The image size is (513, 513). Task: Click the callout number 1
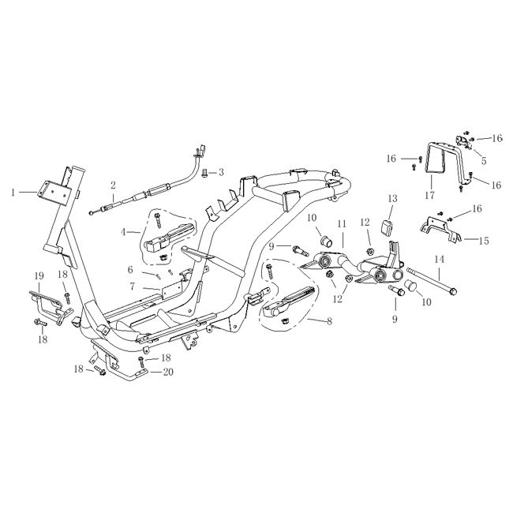pyautogui.click(x=13, y=191)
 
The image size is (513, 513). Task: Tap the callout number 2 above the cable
pyautogui.click(x=114, y=185)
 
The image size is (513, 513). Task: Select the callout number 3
pyautogui.click(x=221, y=172)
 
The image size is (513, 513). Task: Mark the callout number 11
pyautogui.click(x=343, y=225)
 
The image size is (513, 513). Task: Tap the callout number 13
pyautogui.click(x=392, y=197)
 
